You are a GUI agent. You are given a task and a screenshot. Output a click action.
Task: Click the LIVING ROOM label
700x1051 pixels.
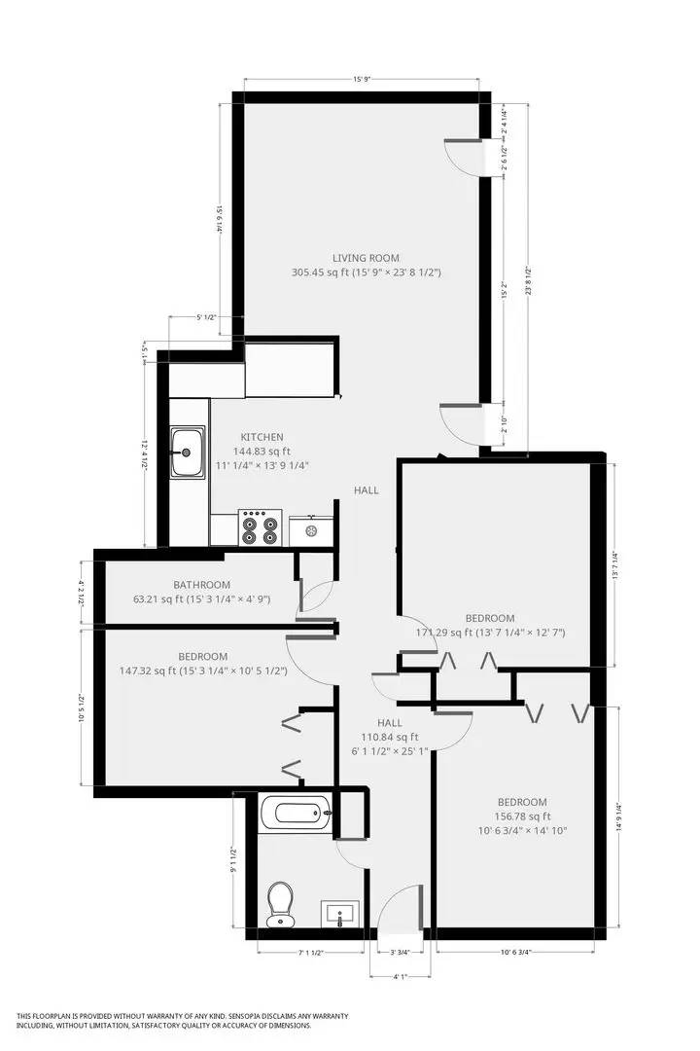tap(367, 257)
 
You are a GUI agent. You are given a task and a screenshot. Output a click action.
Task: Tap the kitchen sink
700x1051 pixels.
tap(187, 453)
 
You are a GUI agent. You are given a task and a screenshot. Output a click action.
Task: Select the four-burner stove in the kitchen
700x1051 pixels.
tap(260, 527)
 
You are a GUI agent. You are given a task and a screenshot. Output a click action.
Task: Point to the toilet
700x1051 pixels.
tap(281, 903)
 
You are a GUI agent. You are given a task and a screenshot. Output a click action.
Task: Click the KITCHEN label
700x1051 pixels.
tap(262, 437)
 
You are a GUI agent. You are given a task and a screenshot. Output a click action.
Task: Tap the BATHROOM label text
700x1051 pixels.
tap(201, 585)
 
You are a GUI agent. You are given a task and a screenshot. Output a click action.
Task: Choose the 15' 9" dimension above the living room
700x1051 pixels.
tap(362, 80)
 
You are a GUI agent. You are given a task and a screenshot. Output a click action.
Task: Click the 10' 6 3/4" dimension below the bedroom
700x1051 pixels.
tap(515, 952)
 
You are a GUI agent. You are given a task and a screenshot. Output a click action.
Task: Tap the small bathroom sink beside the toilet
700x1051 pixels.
tap(340, 913)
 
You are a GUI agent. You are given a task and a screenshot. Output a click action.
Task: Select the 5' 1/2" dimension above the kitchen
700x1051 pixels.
tap(205, 318)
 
